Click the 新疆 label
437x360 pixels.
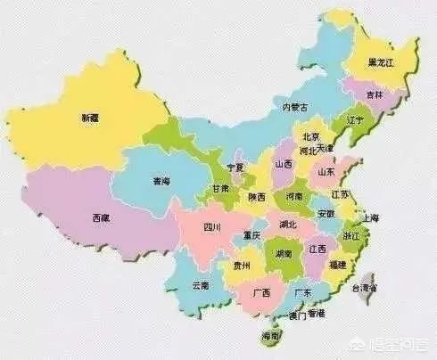tap(90, 118)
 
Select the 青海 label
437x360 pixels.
tap(161, 181)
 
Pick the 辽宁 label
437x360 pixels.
tap(355, 119)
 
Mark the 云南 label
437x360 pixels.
tap(202, 285)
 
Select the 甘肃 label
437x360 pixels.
tap(220, 189)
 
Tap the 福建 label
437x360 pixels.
tap(338, 266)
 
